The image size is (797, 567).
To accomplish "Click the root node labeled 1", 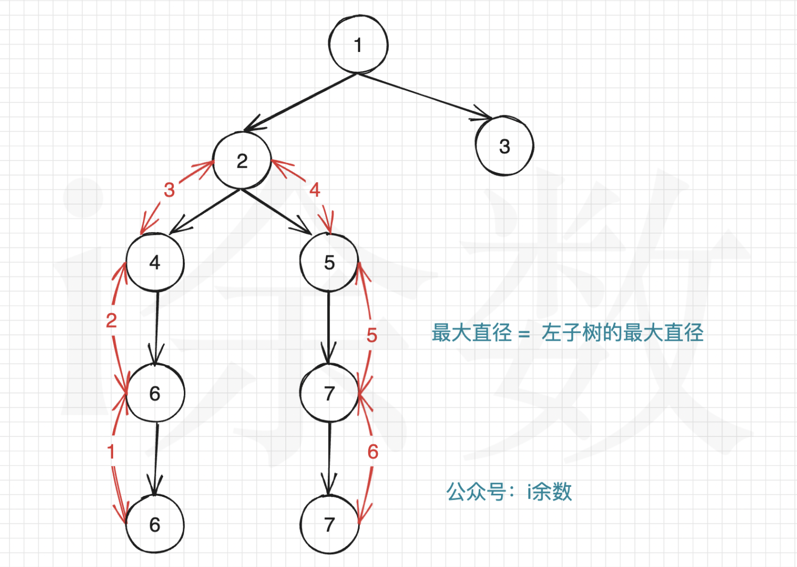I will (x=358, y=45).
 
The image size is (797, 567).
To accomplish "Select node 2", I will (x=242, y=161).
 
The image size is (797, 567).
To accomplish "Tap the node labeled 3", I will (x=504, y=146).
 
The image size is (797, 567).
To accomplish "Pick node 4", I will (x=155, y=262).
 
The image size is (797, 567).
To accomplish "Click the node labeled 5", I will (x=329, y=262).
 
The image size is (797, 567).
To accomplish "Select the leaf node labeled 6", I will (x=155, y=525).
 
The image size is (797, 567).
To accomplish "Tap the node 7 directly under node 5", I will (x=329, y=393).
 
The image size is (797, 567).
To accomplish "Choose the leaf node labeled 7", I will (x=329, y=525).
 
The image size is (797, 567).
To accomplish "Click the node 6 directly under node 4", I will (x=155, y=393).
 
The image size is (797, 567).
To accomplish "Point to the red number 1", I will (x=111, y=452).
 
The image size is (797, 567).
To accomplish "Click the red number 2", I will (x=111, y=321).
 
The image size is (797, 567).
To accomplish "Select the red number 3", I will (x=169, y=190).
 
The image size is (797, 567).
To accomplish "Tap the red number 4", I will (x=315, y=190).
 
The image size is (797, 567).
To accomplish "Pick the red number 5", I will (x=371, y=335).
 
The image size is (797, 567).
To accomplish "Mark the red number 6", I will (x=372, y=452).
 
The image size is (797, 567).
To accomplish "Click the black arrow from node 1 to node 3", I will (x=425, y=96).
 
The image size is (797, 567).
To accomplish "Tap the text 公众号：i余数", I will (x=508, y=492).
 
